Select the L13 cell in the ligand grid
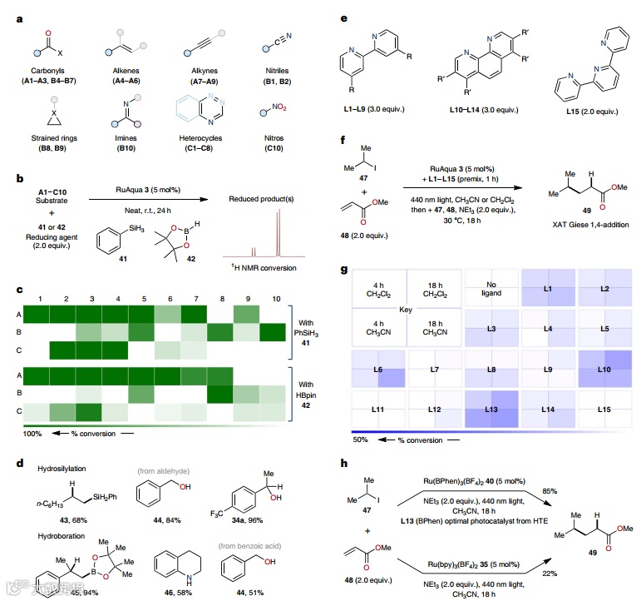tap(491, 409)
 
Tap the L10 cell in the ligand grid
tap(604, 367)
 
